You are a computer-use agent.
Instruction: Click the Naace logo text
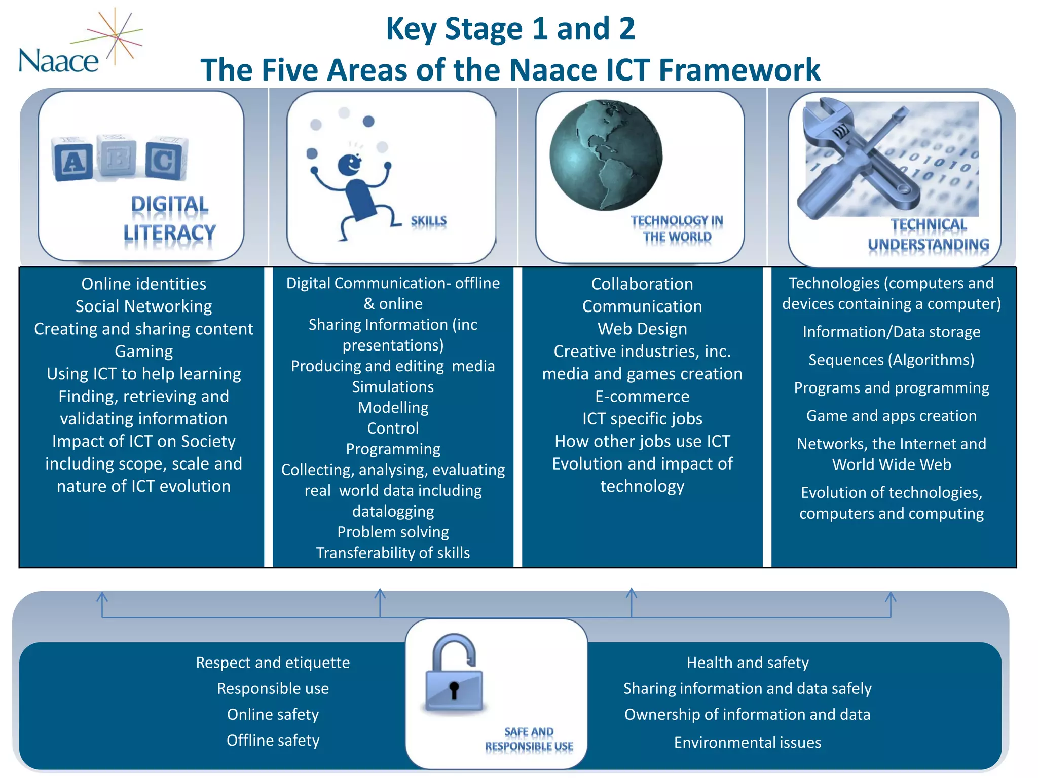point(58,61)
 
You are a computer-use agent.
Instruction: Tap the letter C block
point(164,161)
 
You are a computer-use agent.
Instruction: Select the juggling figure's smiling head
point(350,164)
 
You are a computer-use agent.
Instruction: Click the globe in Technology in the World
point(606,155)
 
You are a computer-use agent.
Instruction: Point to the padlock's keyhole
point(454,689)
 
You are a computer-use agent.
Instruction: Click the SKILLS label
point(428,221)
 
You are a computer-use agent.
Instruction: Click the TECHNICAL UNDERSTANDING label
point(929,235)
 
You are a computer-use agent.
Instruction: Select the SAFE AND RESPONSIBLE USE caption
point(529,739)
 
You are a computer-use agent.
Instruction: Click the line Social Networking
point(143,306)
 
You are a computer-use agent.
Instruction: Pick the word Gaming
point(143,351)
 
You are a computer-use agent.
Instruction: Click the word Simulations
point(393,387)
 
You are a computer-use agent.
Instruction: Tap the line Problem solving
point(393,532)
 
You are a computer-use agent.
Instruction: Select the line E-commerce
point(642,396)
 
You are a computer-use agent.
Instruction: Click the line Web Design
point(642,329)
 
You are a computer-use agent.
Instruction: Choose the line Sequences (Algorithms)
point(891,360)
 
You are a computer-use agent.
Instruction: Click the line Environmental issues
point(747,742)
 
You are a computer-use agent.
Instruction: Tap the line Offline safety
point(273,740)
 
